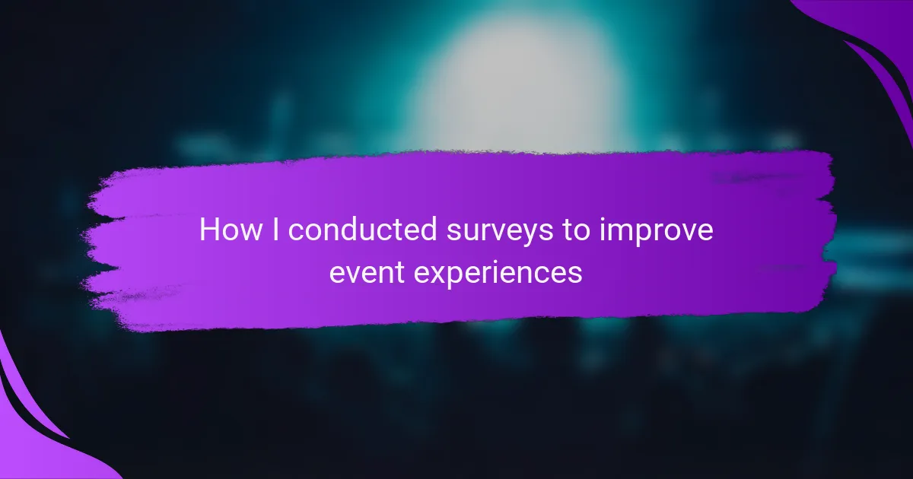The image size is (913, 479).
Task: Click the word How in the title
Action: click(x=231, y=230)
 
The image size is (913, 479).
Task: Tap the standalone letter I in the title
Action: click(x=275, y=230)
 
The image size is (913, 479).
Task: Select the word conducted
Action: click(x=363, y=230)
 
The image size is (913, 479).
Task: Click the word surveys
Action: click(x=500, y=232)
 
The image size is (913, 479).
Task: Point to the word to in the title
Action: click(x=576, y=230)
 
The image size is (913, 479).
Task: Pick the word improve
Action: click(x=656, y=231)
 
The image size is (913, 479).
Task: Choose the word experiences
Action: click(x=498, y=274)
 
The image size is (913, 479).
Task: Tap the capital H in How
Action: click(x=208, y=230)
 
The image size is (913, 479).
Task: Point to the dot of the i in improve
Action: click(x=603, y=219)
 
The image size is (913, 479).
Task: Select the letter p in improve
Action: click(x=648, y=235)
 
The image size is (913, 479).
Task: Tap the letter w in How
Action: click(x=250, y=232)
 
